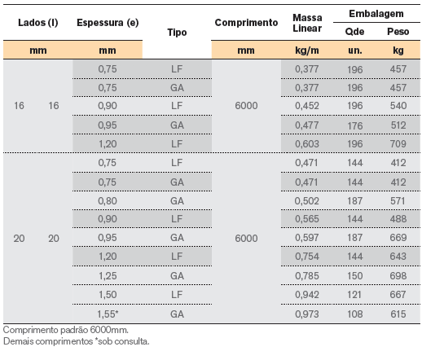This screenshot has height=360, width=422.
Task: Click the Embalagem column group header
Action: tap(376, 14)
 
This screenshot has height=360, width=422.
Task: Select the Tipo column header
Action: tap(177, 33)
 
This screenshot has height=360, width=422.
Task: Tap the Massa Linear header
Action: tap(307, 23)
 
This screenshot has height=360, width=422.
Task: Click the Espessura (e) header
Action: tap(108, 23)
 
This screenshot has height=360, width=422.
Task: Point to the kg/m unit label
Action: tap(307, 50)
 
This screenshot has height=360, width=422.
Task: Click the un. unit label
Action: tap(355, 50)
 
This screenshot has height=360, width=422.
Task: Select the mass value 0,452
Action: tap(307, 106)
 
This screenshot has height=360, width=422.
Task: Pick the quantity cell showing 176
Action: tap(355, 125)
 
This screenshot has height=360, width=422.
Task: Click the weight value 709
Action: tap(398, 144)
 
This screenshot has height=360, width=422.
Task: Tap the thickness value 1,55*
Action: tap(108, 314)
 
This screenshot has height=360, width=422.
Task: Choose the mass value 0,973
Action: tap(307, 314)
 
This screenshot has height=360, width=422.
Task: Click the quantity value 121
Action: tap(354, 295)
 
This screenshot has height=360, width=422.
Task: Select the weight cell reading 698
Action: tap(398, 276)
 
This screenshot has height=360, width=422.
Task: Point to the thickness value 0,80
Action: tap(108, 201)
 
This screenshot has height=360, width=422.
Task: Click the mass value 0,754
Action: tap(307, 257)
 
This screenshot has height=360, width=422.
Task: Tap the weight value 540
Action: tap(398, 106)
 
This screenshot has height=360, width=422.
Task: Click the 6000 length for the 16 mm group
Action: tap(246, 106)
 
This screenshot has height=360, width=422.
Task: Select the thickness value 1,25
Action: tap(108, 276)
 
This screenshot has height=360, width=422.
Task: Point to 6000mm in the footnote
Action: tap(109, 330)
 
